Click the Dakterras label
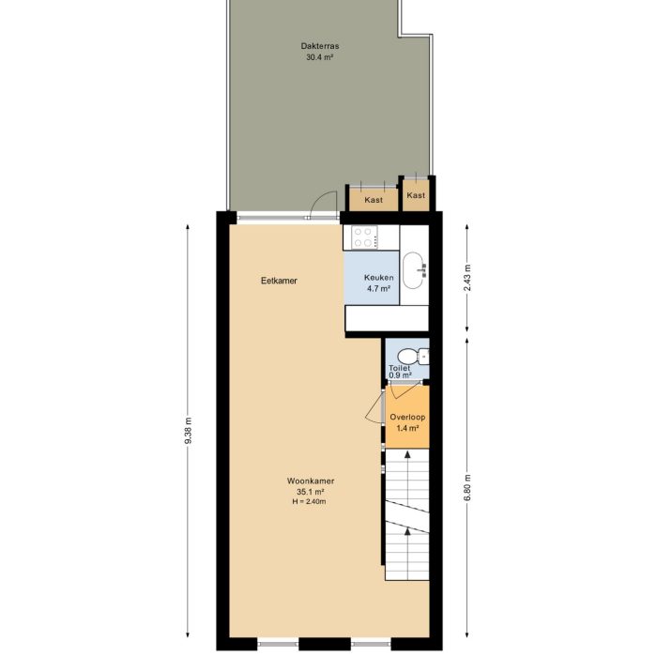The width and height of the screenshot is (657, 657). pos(319,45)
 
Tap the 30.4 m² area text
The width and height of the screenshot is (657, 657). pos(319,57)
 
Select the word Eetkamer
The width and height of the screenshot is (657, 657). pos(279,280)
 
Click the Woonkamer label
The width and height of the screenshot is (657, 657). pos(311,481)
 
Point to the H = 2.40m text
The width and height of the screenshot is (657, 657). pos(311,501)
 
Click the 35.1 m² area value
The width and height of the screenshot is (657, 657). pos(311,492)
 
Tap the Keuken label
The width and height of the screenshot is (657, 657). pos(379,278)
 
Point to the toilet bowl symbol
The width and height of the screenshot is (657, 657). pos(407,357)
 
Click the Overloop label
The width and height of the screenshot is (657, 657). pos(407,417)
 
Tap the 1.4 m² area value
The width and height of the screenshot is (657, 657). pos(407,428)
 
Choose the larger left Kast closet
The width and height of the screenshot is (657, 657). pos(373,200)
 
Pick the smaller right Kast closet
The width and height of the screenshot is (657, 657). pos(416,195)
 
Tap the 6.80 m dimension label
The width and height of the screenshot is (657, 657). pos(467,488)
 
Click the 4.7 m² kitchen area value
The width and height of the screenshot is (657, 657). pos(379,289)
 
